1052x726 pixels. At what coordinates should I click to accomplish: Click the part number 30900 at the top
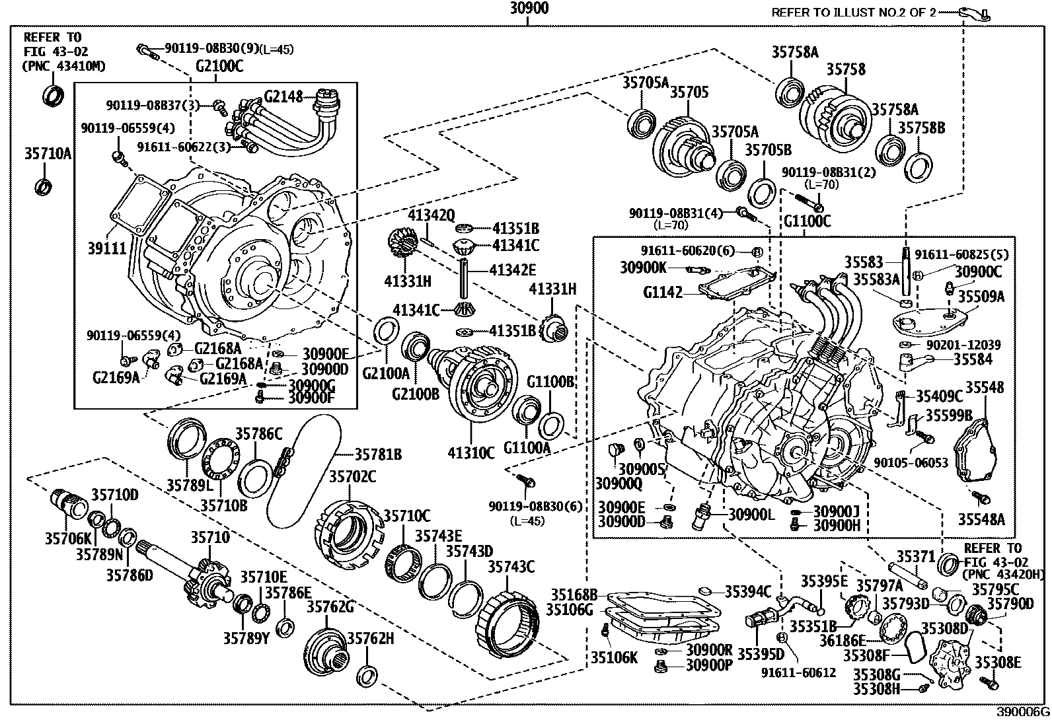[529, 9]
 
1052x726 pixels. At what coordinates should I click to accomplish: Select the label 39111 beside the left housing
[106, 248]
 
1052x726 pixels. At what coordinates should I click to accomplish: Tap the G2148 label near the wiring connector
[283, 97]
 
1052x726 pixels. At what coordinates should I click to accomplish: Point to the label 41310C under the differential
[470, 453]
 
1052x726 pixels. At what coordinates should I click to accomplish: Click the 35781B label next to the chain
[378, 454]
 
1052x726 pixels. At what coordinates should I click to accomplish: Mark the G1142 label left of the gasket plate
[663, 291]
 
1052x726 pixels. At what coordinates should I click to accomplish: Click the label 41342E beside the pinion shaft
[513, 270]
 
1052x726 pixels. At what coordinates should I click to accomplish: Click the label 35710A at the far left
[48, 155]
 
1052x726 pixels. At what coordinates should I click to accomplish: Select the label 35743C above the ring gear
[511, 567]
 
